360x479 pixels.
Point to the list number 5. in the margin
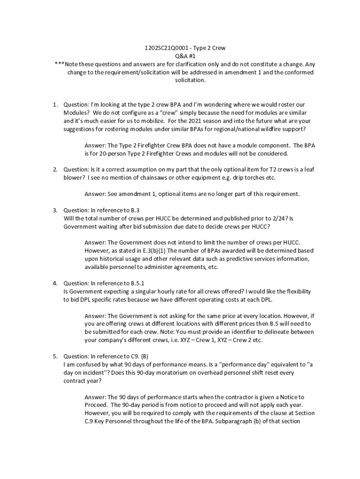click(x=55, y=356)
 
